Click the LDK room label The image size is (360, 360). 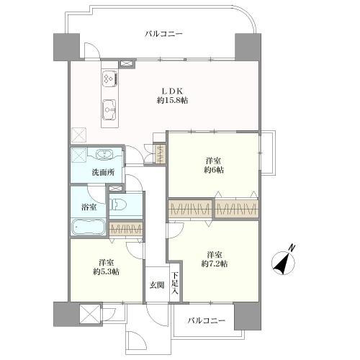172,91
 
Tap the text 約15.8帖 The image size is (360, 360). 172,100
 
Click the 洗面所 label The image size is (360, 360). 103,172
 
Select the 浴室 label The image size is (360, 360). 89,207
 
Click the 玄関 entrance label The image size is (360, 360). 157,285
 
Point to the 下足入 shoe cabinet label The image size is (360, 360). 175,283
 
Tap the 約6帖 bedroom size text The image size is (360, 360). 214,170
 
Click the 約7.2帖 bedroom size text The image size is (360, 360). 215,264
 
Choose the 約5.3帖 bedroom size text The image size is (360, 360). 107,271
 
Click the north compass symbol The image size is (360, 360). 284,263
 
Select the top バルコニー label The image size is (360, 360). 163,34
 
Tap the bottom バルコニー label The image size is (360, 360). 207,320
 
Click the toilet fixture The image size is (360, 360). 118,204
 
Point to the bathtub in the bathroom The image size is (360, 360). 88,227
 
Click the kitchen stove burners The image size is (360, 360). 110,78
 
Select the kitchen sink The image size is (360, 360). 109,109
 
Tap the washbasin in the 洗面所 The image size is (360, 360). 104,154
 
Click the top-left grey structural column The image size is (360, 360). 66,47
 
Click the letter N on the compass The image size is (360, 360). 292,248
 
